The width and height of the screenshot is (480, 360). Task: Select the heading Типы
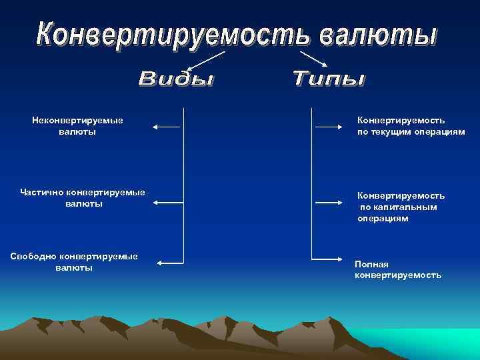329,79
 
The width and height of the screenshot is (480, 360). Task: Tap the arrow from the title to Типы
313,58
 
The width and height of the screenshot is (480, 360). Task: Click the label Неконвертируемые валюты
77,126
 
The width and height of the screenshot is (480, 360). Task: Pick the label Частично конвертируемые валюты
83,198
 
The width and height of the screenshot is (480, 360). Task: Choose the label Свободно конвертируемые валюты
75,261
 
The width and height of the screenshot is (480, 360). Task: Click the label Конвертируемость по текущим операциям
411,126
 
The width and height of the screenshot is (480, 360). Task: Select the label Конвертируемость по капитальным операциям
401,207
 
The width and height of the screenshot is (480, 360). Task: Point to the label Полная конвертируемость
397,270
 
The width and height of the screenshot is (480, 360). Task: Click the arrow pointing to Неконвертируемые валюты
167,126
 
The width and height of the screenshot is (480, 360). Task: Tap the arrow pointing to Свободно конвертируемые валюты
169,263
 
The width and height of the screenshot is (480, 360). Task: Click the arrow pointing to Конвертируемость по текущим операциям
328,126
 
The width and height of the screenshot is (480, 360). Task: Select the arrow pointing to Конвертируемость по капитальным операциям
328,202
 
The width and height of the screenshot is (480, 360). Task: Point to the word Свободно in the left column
33,256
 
